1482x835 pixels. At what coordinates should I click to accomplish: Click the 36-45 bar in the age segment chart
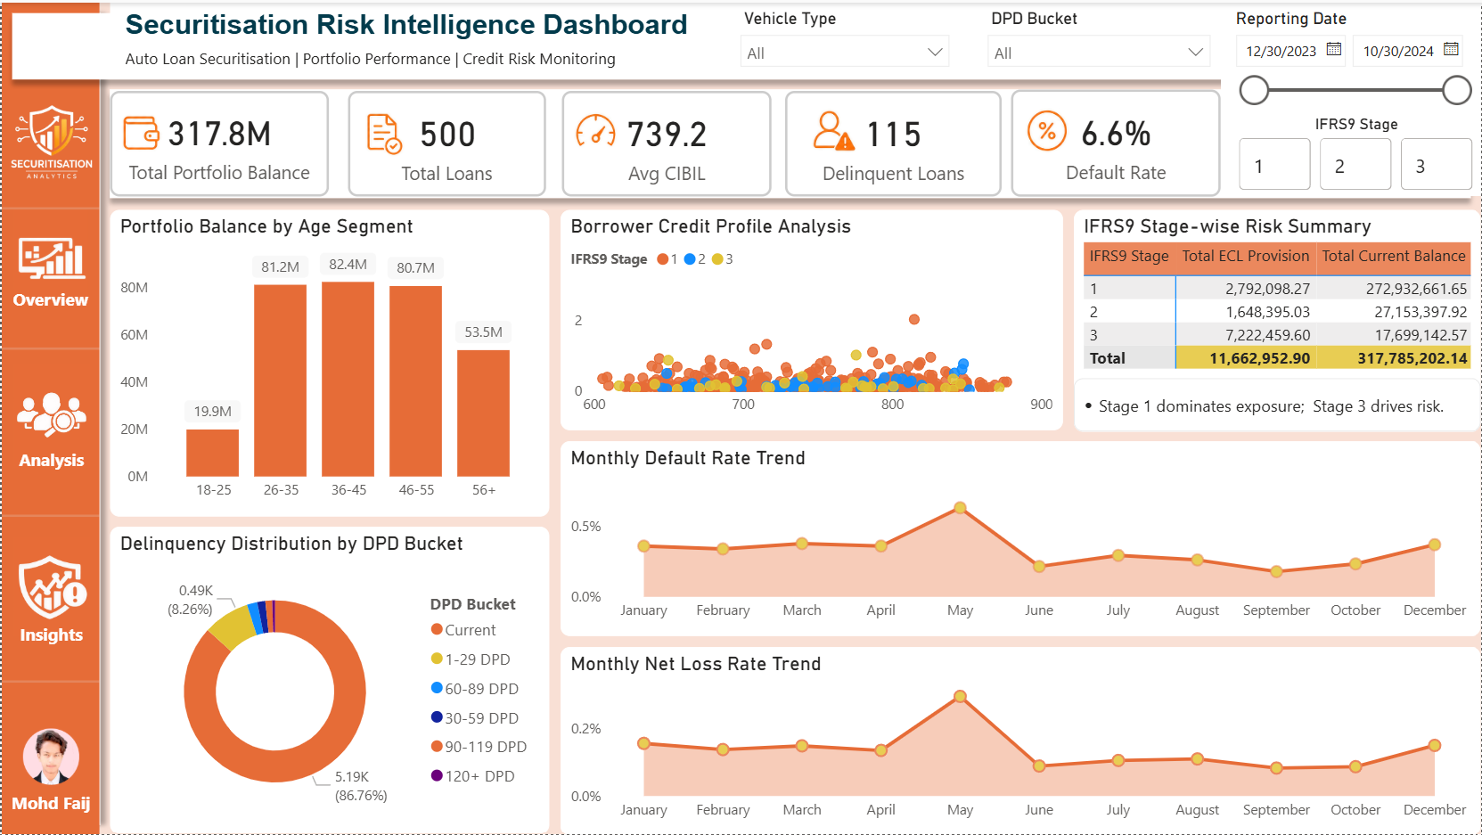348,379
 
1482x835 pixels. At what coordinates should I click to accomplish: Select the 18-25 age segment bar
212,453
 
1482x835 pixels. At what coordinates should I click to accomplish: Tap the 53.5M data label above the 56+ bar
483,332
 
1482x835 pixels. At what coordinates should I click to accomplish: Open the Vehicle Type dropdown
844,53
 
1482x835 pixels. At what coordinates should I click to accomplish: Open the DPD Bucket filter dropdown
1098,53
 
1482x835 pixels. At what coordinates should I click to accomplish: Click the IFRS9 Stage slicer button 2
1355,166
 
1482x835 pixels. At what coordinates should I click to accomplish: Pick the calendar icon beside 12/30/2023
1334,50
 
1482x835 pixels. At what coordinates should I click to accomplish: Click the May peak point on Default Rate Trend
960,508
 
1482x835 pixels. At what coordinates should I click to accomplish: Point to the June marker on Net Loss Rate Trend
1039,765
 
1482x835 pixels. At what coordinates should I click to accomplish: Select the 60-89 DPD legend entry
474,689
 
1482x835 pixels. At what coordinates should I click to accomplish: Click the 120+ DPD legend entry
472,776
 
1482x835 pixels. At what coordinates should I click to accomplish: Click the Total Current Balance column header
1394,256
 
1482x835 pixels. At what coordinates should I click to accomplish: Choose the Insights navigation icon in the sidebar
52,586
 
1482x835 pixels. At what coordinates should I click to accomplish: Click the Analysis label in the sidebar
51,461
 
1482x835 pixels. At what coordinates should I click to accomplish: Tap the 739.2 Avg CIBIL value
667,135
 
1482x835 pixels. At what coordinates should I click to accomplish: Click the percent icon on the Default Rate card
1046,131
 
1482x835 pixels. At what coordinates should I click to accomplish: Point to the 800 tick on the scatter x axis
892,405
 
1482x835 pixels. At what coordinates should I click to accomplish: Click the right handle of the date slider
1456,91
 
